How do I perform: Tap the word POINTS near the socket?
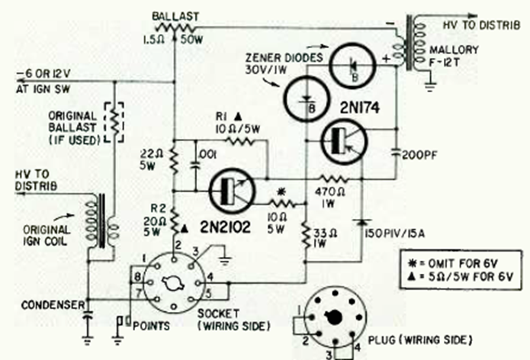(x=148, y=326)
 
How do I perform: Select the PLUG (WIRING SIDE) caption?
(x=432, y=338)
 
